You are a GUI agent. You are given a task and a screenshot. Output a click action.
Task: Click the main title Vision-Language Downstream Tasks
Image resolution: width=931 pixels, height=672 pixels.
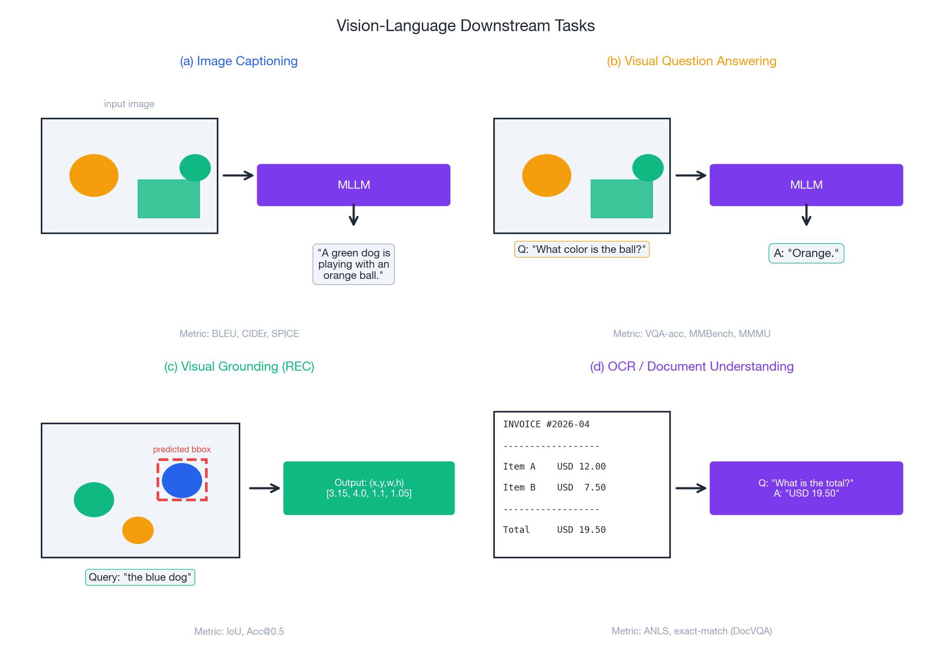(465, 25)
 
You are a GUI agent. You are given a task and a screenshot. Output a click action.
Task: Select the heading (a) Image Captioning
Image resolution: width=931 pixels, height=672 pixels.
(239, 61)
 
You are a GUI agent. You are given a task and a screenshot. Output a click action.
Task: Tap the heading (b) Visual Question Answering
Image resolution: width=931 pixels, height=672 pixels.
(691, 61)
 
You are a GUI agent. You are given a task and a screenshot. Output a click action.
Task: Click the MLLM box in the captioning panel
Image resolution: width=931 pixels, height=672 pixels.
(354, 185)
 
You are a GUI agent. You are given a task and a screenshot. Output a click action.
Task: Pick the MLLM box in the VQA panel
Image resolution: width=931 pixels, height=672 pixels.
(806, 185)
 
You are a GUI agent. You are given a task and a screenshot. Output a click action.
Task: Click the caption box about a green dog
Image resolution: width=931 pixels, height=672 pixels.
(354, 264)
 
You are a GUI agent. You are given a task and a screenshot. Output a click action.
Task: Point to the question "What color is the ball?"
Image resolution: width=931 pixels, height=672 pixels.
(582, 249)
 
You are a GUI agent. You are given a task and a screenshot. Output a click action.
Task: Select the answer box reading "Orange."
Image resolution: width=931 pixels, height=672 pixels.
(806, 253)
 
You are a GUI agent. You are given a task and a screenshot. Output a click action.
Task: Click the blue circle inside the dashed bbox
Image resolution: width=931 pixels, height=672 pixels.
(182, 480)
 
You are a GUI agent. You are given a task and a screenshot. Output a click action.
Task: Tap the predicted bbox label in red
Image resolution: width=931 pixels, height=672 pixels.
(182, 449)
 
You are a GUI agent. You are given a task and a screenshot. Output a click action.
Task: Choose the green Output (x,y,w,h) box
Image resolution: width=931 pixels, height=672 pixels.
(369, 488)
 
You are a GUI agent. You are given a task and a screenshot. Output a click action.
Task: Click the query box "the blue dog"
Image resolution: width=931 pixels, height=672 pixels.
(140, 577)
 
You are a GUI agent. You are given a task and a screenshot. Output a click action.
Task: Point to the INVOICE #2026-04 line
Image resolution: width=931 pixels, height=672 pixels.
(546, 424)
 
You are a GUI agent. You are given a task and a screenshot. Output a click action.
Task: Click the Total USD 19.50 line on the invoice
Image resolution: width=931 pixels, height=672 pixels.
(555, 530)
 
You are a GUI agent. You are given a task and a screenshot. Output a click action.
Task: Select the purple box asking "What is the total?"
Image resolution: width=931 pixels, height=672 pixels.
(806, 488)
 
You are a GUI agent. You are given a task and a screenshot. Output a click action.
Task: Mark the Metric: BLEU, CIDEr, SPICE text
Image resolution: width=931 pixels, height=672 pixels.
(239, 333)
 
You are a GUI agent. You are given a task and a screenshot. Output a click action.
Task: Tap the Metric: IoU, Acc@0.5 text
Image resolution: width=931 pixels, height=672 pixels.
(239, 631)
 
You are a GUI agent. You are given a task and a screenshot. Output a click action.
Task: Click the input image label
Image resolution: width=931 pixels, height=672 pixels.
(129, 104)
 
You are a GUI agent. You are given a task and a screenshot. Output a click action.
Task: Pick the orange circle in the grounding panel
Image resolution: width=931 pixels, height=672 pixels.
(138, 530)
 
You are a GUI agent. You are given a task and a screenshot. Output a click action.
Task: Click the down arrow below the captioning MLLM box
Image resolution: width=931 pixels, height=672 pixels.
(354, 215)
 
